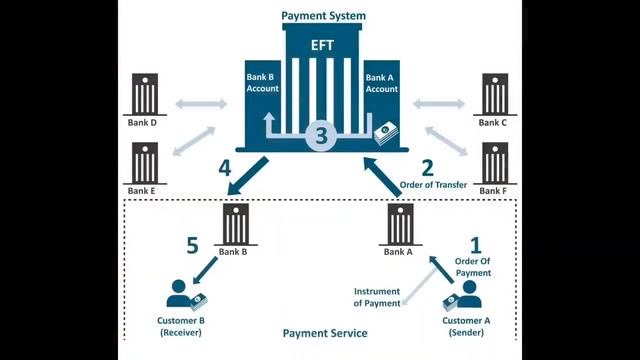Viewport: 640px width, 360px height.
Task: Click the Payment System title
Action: (x=323, y=16)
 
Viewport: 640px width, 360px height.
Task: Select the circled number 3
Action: (x=322, y=137)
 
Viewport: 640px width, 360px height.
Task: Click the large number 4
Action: (x=225, y=167)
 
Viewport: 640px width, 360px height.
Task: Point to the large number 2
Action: (x=427, y=167)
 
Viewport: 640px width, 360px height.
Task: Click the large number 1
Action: (x=476, y=243)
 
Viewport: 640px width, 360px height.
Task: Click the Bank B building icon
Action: (x=237, y=224)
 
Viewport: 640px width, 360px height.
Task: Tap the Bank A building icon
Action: (x=400, y=224)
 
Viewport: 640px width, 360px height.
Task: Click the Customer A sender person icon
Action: (x=467, y=295)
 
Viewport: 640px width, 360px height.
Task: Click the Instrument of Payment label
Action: (x=376, y=297)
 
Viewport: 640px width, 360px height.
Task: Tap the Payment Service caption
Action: (x=324, y=333)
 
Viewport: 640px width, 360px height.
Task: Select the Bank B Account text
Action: (x=262, y=82)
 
